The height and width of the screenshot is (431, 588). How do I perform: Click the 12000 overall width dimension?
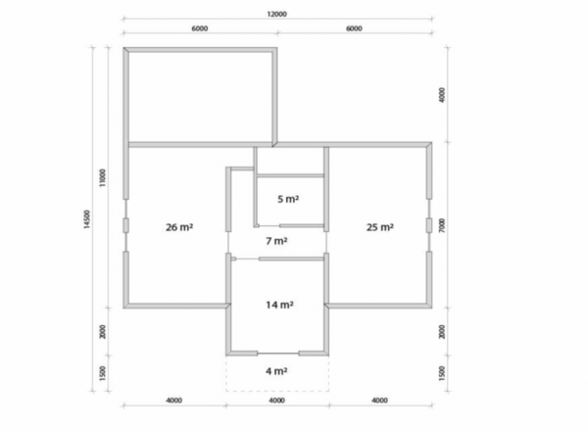[x=276, y=15]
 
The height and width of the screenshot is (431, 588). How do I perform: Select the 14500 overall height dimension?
[x=87, y=218]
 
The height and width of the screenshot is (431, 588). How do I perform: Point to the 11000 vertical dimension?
[x=102, y=177]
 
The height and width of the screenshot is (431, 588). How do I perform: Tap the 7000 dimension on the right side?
[x=442, y=225]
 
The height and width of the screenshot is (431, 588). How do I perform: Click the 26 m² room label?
[x=179, y=227]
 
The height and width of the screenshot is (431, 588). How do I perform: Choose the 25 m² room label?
[x=380, y=227]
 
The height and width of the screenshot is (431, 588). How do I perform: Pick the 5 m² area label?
[x=288, y=199]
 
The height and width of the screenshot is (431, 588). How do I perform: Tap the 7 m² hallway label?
[x=276, y=241]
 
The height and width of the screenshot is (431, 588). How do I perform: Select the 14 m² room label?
[x=279, y=305]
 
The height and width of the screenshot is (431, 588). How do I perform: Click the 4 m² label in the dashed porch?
[x=276, y=371]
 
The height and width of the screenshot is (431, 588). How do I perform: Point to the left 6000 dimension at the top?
[x=200, y=28]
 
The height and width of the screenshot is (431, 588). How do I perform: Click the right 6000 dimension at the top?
[x=354, y=28]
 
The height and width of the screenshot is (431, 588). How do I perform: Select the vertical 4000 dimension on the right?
[x=442, y=95]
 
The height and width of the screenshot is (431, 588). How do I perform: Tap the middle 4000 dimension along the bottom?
[x=276, y=401]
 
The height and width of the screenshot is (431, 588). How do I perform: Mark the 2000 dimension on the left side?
[x=102, y=332]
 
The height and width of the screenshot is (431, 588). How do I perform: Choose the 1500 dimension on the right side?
[x=442, y=373]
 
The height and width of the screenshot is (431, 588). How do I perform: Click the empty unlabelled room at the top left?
[x=200, y=97]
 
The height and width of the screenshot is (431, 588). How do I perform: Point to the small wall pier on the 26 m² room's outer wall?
[x=126, y=225]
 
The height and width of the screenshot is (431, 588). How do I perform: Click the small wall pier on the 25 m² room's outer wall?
[x=429, y=225]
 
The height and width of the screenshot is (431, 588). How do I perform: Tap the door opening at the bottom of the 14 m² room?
[x=278, y=353]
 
